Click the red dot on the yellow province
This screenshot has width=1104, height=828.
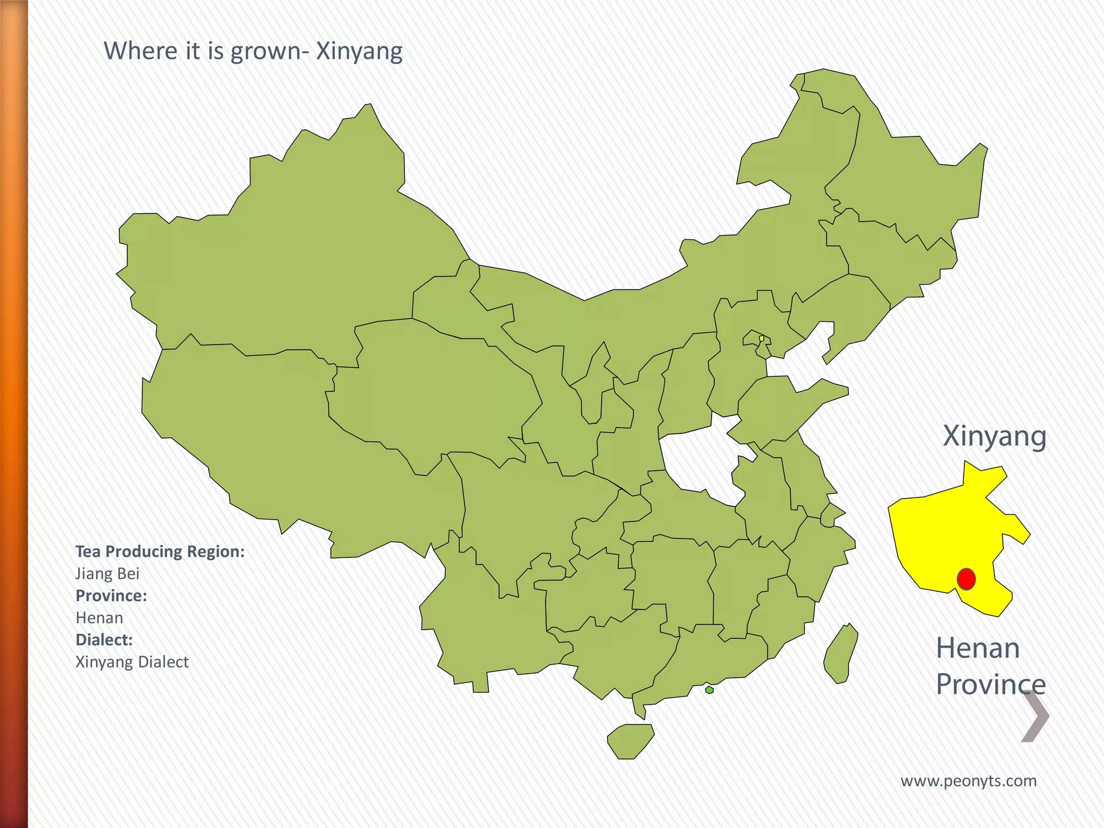(x=966, y=579)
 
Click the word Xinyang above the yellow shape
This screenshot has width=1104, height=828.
(x=995, y=436)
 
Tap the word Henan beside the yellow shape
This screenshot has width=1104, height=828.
(x=978, y=648)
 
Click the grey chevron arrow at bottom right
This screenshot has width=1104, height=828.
(x=1036, y=716)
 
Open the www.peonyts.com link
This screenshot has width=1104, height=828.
(x=969, y=781)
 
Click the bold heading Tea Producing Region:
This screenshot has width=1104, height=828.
(x=160, y=551)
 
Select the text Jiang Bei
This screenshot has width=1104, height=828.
(x=107, y=574)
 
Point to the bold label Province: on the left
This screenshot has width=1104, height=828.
(x=111, y=596)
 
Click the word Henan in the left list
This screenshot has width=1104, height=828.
(x=99, y=618)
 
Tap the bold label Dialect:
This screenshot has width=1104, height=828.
(x=104, y=640)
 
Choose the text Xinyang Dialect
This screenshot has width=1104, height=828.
(x=132, y=662)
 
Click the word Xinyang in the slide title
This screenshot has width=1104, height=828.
(x=359, y=52)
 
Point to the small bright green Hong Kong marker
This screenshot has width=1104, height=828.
(x=709, y=689)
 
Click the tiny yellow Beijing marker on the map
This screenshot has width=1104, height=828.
(x=761, y=339)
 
